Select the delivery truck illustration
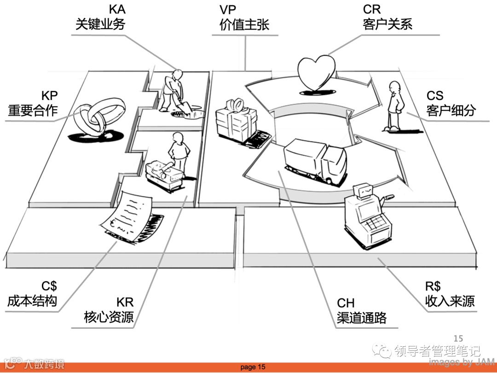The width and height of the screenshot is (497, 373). pyautogui.click(x=315, y=163)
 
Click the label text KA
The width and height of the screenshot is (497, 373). pyautogui.click(x=117, y=9)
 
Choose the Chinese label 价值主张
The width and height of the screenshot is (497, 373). pyautogui.click(x=244, y=25)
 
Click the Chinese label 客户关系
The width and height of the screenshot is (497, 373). pyautogui.click(x=387, y=25)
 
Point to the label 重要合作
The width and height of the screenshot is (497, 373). pyautogui.click(x=33, y=111)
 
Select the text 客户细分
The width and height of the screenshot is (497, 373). pyautogui.click(x=451, y=111)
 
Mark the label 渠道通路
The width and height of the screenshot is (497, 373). pyautogui.click(x=361, y=318)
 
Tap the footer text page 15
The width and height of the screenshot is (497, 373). pyautogui.click(x=253, y=367)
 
